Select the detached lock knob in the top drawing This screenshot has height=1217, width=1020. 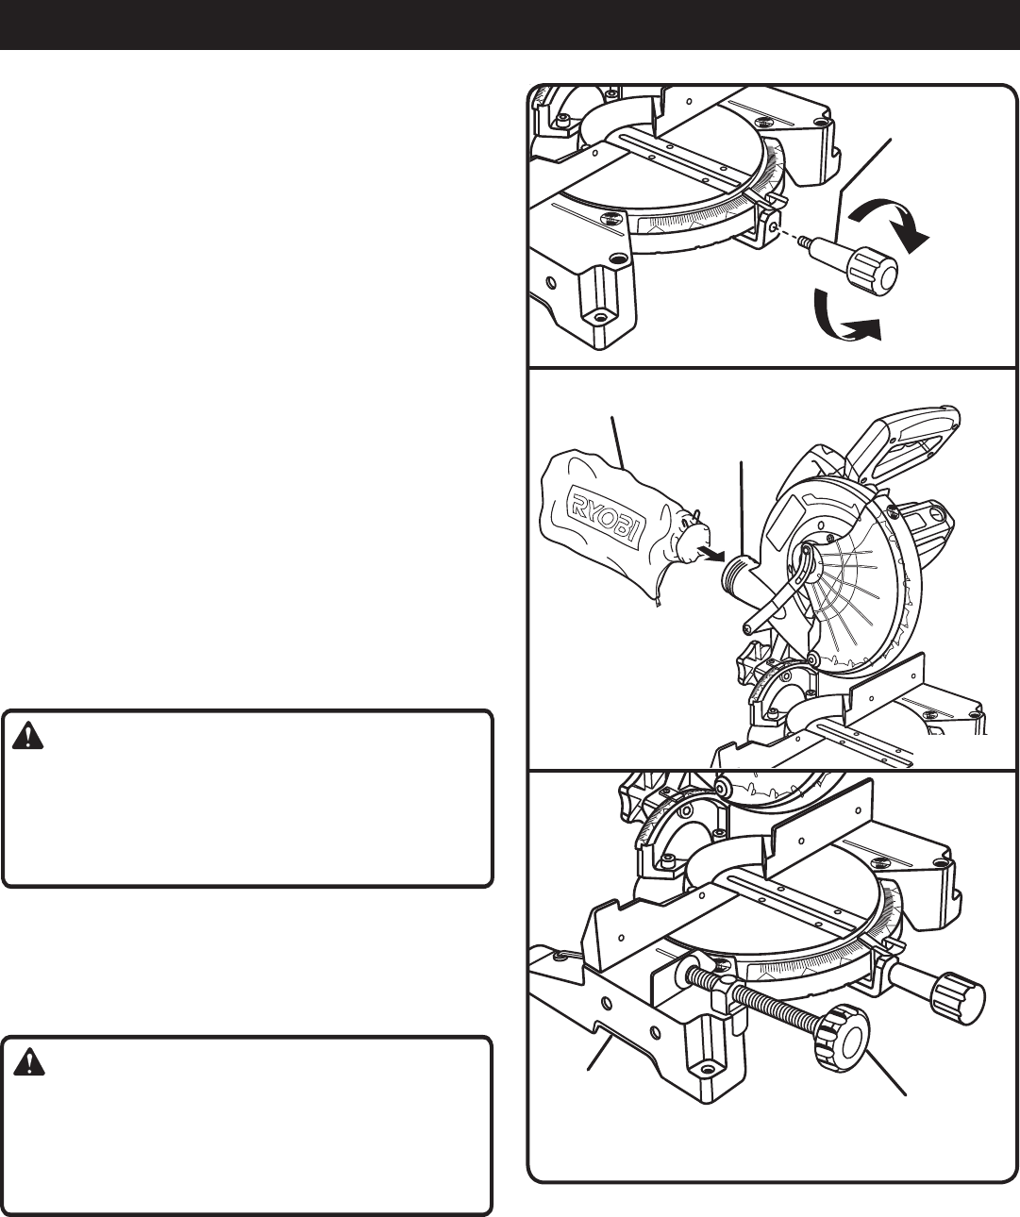coord(862,267)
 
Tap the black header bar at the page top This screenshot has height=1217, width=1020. coord(510,25)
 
